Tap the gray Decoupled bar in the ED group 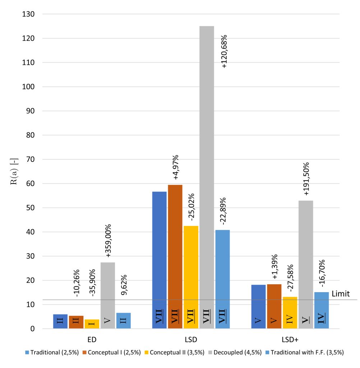(107, 295)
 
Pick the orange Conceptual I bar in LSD (175, 252)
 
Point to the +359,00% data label (108, 240)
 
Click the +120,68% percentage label (225, 51)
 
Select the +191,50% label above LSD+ (306, 179)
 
